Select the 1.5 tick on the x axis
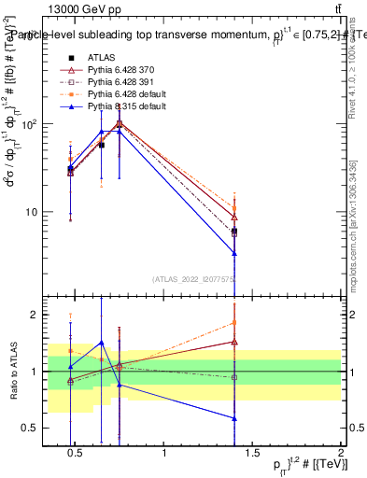pos(252,454)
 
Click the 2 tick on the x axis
pos(340,454)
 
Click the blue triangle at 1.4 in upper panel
pos(234,253)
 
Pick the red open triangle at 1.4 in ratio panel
pos(234,342)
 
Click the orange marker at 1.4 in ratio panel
pos(234,323)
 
